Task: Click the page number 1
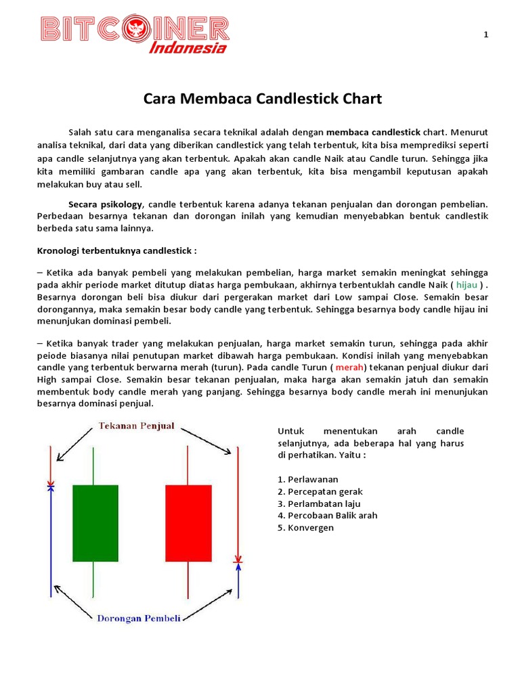tap(485, 35)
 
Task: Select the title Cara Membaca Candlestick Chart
tap(263, 99)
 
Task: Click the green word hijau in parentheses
tap(467, 286)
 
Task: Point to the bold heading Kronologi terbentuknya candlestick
tap(116, 250)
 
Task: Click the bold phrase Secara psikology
tap(106, 204)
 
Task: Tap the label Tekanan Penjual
tap(137, 426)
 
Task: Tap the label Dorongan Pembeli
tap(138, 618)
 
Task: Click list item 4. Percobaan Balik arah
tap(328, 516)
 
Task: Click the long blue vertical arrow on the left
tap(50, 541)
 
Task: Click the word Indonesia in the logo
tap(188, 47)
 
